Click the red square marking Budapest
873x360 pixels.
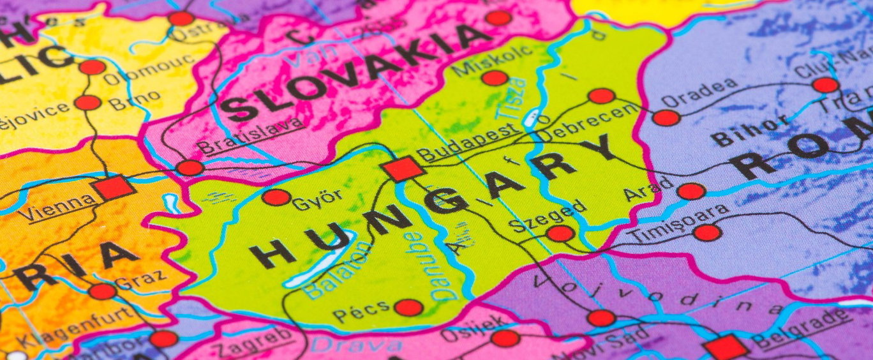point(402,169)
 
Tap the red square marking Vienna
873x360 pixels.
point(113,188)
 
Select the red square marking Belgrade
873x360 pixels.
point(726,348)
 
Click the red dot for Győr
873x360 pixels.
point(276,197)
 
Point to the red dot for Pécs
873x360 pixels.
point(408,308)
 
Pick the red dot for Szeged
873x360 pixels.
point(560,234)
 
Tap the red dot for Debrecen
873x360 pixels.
point(601,96)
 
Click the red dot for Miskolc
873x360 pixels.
point(495,78)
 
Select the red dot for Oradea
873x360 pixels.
point(666,117)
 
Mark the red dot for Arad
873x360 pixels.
point(691,191)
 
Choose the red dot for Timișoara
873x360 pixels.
point(707,232)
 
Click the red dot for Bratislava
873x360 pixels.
point(190,168)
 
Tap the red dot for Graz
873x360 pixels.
point(102,291)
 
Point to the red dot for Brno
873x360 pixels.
point(87,102)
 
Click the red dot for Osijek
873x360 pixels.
point(505,338)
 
